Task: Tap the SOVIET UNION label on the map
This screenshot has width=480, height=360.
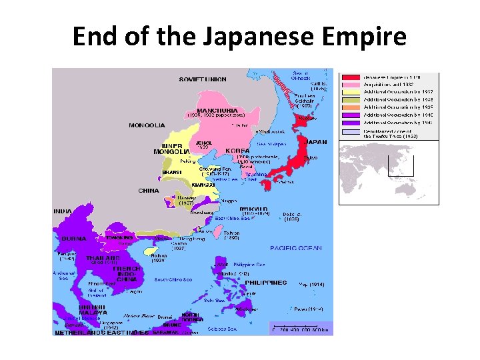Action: (x=202, y=79)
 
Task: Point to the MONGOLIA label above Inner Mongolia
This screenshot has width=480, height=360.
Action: (x=147, y=125)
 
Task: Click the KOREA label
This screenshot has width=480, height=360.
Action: (x=237, y=151)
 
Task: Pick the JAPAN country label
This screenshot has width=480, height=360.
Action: (x=315, y=141)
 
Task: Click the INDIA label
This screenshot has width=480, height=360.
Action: (x=63, y=211)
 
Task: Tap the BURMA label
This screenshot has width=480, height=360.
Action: (x=73, y=237)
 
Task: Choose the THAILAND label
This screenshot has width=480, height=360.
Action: (x=103, y=257)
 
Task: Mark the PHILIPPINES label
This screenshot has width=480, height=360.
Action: (x=265, y=282)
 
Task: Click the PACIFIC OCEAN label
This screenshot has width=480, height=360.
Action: (x=295, y=248)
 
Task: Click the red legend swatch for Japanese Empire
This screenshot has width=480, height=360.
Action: (x=351, y=77)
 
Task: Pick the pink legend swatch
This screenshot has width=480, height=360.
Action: (x=351, y=85)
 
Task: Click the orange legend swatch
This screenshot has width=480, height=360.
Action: (x=351, y=107)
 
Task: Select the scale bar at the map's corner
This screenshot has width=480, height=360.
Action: (x=300, y=328)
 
